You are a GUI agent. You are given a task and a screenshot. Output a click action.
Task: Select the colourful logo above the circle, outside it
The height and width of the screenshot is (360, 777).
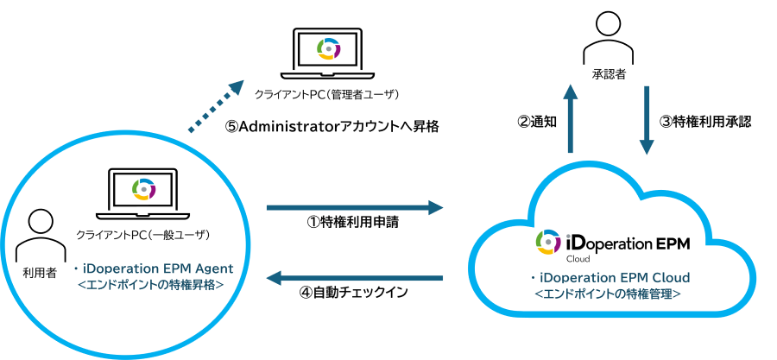(329, 48)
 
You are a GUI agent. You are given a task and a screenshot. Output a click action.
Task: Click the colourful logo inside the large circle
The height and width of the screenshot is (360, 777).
(144, 188)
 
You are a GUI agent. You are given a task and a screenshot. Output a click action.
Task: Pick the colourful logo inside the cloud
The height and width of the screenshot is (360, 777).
(547, 242)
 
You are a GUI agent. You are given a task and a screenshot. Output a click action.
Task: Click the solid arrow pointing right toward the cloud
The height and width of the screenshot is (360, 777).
(354, 207)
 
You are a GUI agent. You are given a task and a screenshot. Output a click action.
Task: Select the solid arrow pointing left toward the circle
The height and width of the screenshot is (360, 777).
(354, 278)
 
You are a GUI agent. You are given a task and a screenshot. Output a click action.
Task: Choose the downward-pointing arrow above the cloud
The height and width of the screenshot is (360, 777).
(646, 121)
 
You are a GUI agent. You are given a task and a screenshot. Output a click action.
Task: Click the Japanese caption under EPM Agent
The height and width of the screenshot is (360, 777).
(152, 283)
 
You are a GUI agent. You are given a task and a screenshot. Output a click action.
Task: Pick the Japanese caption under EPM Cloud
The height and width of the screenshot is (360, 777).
(608, 294)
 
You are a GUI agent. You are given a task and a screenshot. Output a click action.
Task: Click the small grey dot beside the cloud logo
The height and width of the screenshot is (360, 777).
(568, 235)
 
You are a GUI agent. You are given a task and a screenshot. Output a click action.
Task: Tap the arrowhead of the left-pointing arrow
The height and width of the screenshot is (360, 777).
(274, 278)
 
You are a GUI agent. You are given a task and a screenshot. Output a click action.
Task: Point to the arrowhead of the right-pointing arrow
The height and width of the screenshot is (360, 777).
(436, 207)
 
